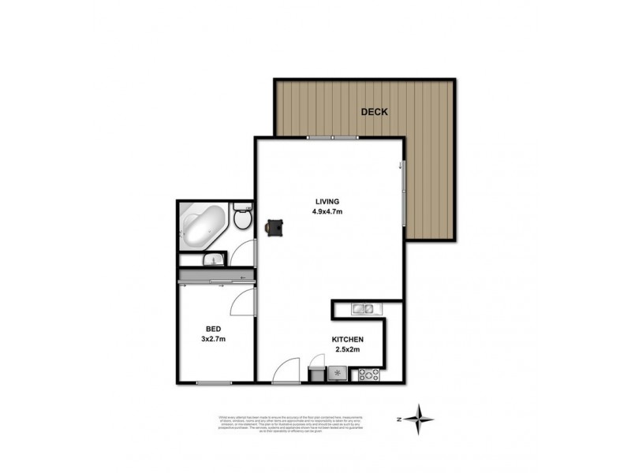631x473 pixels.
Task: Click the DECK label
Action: [x=375, y=112]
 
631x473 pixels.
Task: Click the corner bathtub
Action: [x=203, y=224]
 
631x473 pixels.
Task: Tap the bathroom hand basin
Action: [x=213, y=259]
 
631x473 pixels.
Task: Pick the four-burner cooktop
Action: [x=369, y=375]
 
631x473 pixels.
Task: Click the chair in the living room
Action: [x=275, y=226]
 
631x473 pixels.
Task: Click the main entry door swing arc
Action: [x=286, y=367]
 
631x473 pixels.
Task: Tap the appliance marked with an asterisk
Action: [x=338, y=374]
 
